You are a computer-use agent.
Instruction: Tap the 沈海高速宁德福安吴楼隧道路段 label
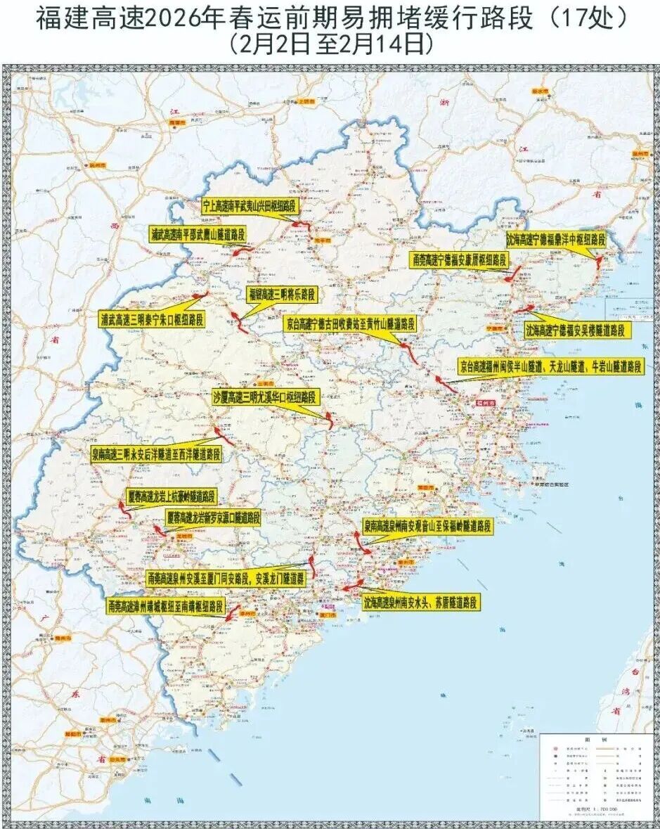575,330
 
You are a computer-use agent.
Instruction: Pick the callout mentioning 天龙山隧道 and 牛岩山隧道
551,366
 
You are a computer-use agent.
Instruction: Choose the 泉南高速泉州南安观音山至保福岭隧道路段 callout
427,525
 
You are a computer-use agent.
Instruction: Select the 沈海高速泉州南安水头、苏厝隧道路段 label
420,603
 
